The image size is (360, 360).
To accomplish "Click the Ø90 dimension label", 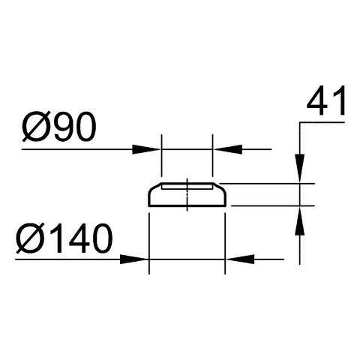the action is tap(59, 127).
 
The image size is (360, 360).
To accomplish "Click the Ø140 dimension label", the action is tap(64, 238).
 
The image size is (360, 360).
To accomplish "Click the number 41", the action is tap(326, 101).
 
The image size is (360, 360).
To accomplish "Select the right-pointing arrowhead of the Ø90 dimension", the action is tap(145, 149).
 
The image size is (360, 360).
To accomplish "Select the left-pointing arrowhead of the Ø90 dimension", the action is tap(229, 149).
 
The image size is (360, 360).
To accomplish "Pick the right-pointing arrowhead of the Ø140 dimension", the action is tap(133, 259).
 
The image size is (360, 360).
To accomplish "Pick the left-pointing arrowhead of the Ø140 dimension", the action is tap(241, 259).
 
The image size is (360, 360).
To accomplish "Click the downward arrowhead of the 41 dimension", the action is tap(299, 168).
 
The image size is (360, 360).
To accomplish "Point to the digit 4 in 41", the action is tap(317, 101).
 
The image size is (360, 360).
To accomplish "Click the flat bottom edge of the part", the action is tap(187, 206).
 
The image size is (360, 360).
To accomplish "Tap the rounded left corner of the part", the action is tap(151, 189).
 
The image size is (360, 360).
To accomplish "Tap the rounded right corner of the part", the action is tap(223, 189).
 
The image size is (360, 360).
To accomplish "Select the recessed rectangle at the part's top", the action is tap(187, 186).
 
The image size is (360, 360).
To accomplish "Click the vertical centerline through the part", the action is tap(187, 195).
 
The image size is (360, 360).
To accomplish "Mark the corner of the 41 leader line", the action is tap(299, 122).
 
